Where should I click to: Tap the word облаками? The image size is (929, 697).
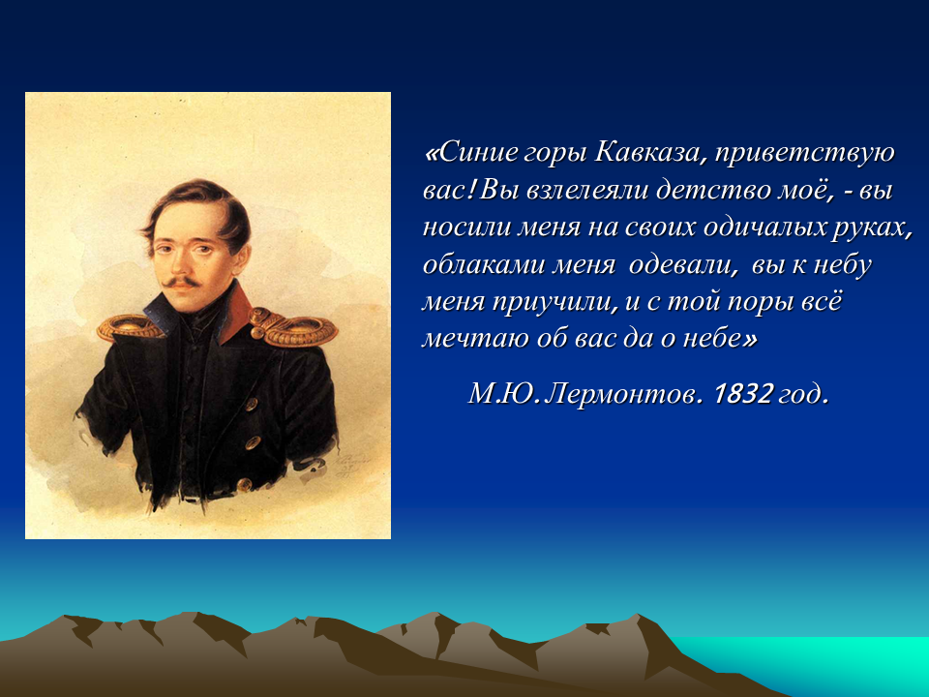pos(484,265)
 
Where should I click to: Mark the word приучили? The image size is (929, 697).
pos(554,303)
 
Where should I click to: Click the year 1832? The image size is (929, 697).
pos(743,393)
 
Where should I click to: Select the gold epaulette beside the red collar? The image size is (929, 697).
pos(292,328)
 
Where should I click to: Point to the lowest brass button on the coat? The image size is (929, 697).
pos(244,485)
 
